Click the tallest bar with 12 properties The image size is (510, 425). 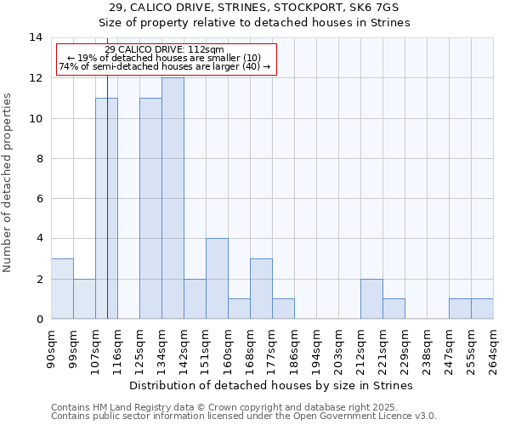[x=173, y=198]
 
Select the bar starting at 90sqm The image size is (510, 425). [x=62, y=289]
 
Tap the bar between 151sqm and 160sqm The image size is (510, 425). [x=217, y=279]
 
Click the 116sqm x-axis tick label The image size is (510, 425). [x=117, y=346]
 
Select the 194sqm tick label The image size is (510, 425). [x=316, y=346]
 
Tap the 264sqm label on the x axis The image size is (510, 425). [x=493, y=346]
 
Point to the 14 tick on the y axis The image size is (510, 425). [x=36, y=37]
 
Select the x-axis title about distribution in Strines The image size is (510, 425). [x=271, y=385]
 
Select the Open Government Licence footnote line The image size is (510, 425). [x=244, y=416]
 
